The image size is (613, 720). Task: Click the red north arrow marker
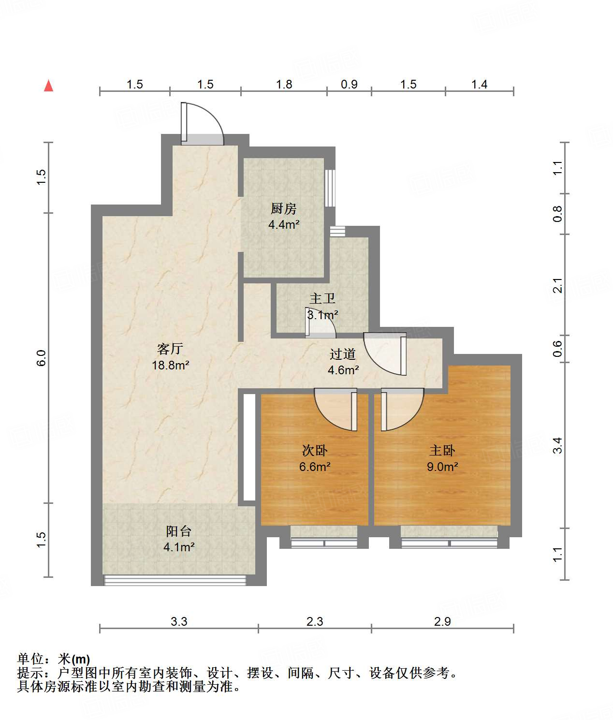[x=48, y=86]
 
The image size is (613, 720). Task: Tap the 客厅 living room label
[x=170, y=349]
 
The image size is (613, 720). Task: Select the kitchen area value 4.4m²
[x=284, y=224]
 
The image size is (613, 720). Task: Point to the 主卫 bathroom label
[x=322, y=299]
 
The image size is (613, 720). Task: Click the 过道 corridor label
[x=343, y=354]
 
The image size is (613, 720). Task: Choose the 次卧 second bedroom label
[x=315, y=451]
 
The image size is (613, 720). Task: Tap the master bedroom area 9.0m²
[x=442, y=467]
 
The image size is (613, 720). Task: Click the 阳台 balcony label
[x=179, y=531]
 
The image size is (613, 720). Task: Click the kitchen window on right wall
[x=330, y=188]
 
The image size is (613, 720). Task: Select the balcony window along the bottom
[x=175, y=580]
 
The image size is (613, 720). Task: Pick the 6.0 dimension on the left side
[x=42, y=358]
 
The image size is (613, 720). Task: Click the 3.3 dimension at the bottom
[x=179, y=621]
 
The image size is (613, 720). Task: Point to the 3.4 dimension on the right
[x=558, y=445]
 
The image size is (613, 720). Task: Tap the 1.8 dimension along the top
[x=284, y=84]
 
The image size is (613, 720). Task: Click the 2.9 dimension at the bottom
[x=442, y=621]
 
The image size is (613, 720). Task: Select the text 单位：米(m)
[x=54, y=659]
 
